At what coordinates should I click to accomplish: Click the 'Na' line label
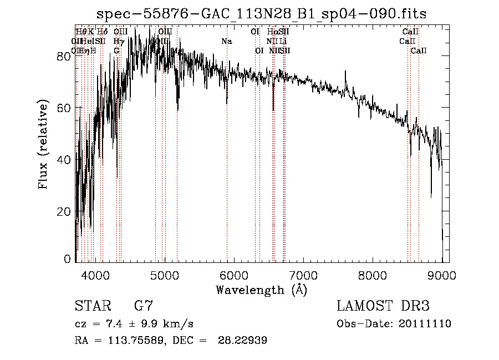[226, 41]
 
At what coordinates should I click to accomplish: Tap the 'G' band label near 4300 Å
[116, 50]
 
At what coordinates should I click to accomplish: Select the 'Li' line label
[283, 41]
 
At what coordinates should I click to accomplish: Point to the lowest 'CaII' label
[419, 50]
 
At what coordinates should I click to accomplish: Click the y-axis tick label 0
[68, 259]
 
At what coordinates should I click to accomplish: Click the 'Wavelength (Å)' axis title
[261, 290]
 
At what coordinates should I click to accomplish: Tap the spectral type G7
[143, 306]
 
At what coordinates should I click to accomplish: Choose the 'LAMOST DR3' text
[383, 306]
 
